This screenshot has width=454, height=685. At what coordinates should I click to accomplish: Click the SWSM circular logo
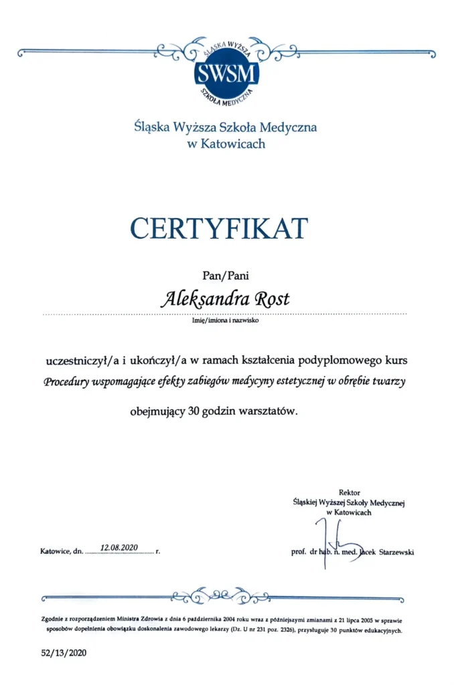(x=226, y=73)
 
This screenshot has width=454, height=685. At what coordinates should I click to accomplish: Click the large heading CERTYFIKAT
(x=219, y=228)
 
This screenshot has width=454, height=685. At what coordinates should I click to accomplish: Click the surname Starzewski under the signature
(x=396, y=553)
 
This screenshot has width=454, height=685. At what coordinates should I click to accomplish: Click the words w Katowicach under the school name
(x=226, y=144)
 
